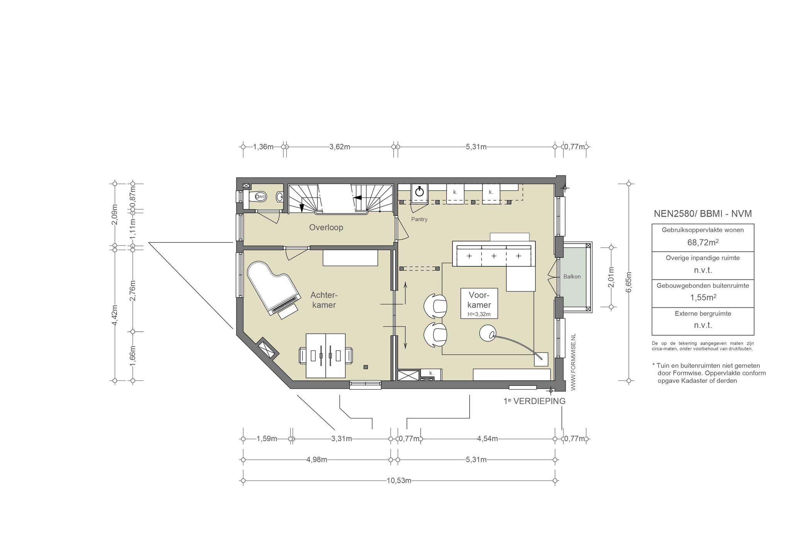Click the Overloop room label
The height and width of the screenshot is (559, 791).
point(326,227)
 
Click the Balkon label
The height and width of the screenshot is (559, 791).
point(572,276)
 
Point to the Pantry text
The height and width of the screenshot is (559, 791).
point(419,219)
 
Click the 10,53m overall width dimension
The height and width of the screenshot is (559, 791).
point(399,481)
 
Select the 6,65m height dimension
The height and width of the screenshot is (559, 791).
point(628,282)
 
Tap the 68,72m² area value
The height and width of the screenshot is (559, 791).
point(703,242)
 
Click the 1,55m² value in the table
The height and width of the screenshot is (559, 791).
point(703,298)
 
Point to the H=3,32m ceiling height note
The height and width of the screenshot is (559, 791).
point(479,314)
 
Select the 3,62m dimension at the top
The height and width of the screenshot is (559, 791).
point(340,147)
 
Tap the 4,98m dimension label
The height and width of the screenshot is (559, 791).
point(317,460)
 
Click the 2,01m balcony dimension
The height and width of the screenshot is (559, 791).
point(611,277)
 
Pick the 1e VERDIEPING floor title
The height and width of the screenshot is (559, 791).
point(535,401)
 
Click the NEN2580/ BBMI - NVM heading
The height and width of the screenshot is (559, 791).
point(703,214)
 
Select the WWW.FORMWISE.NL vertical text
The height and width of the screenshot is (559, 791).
point(573,362)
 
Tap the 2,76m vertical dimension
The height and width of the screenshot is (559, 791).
point(132,290)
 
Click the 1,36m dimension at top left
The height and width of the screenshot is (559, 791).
point(263,147)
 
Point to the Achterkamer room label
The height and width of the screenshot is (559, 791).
point(324,300)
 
